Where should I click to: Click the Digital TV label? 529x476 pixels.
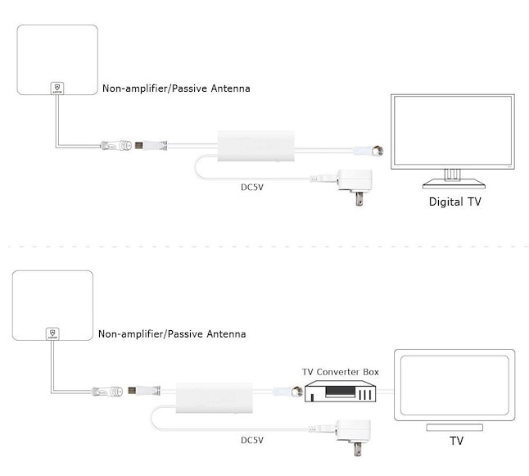click(454, 202)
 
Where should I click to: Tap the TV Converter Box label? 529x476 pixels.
click(341, 372)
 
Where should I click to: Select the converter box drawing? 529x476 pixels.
click(340, 392)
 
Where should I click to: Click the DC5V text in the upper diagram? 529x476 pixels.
click(252, 188)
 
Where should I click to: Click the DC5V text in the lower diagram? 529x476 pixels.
click(252, 440)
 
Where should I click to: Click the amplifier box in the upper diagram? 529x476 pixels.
click(255, 146)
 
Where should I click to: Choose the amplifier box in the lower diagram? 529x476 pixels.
click(214, 398)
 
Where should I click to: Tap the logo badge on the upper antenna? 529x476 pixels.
click(57, 88)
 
